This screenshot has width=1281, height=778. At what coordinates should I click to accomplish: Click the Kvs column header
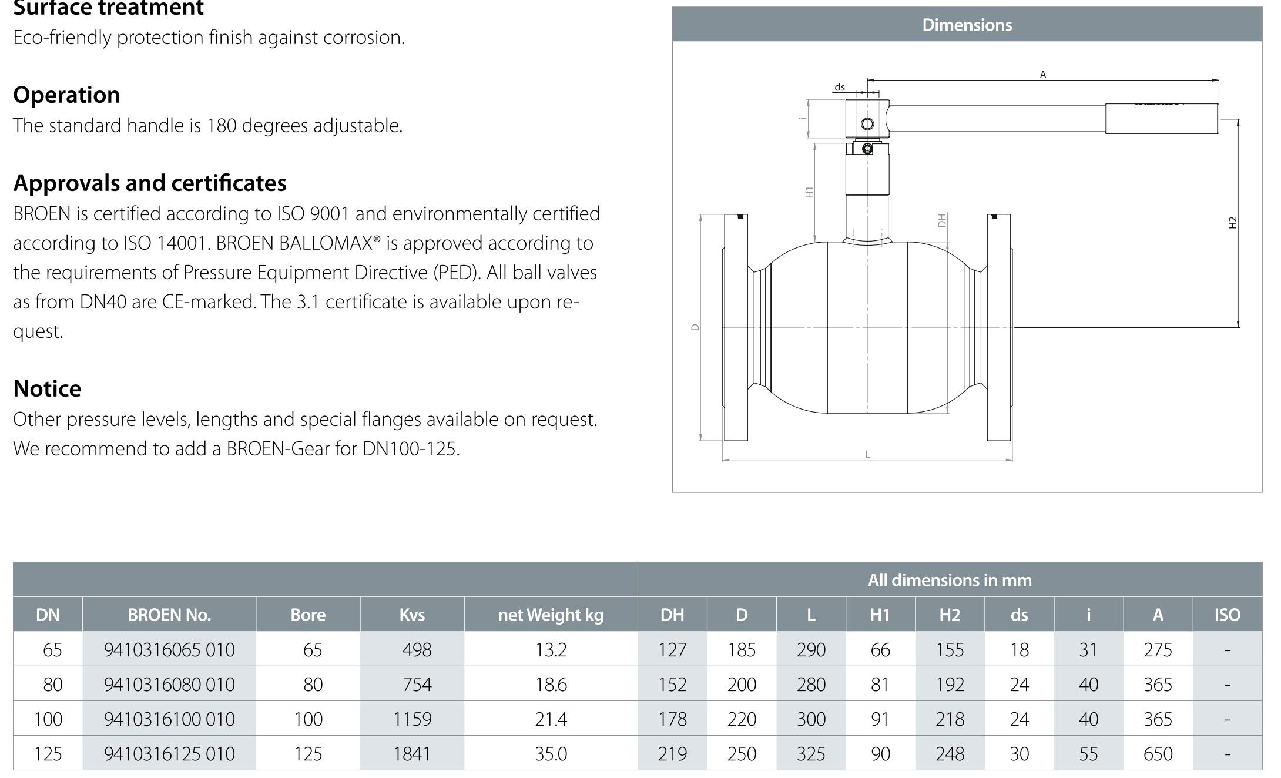412,615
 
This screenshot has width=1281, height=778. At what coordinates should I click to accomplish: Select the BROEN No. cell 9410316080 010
169,684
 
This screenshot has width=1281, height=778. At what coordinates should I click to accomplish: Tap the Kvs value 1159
413,719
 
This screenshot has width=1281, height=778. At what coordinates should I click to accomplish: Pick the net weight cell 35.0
551,753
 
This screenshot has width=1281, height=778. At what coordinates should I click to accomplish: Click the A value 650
1158,753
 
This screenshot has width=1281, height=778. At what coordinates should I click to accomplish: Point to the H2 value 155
950,649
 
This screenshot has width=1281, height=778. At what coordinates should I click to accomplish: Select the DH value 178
672,719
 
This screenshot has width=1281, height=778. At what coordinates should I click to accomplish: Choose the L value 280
811,684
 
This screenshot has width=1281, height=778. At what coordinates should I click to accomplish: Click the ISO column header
1227,615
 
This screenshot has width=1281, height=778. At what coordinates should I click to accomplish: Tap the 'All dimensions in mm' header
950,580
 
